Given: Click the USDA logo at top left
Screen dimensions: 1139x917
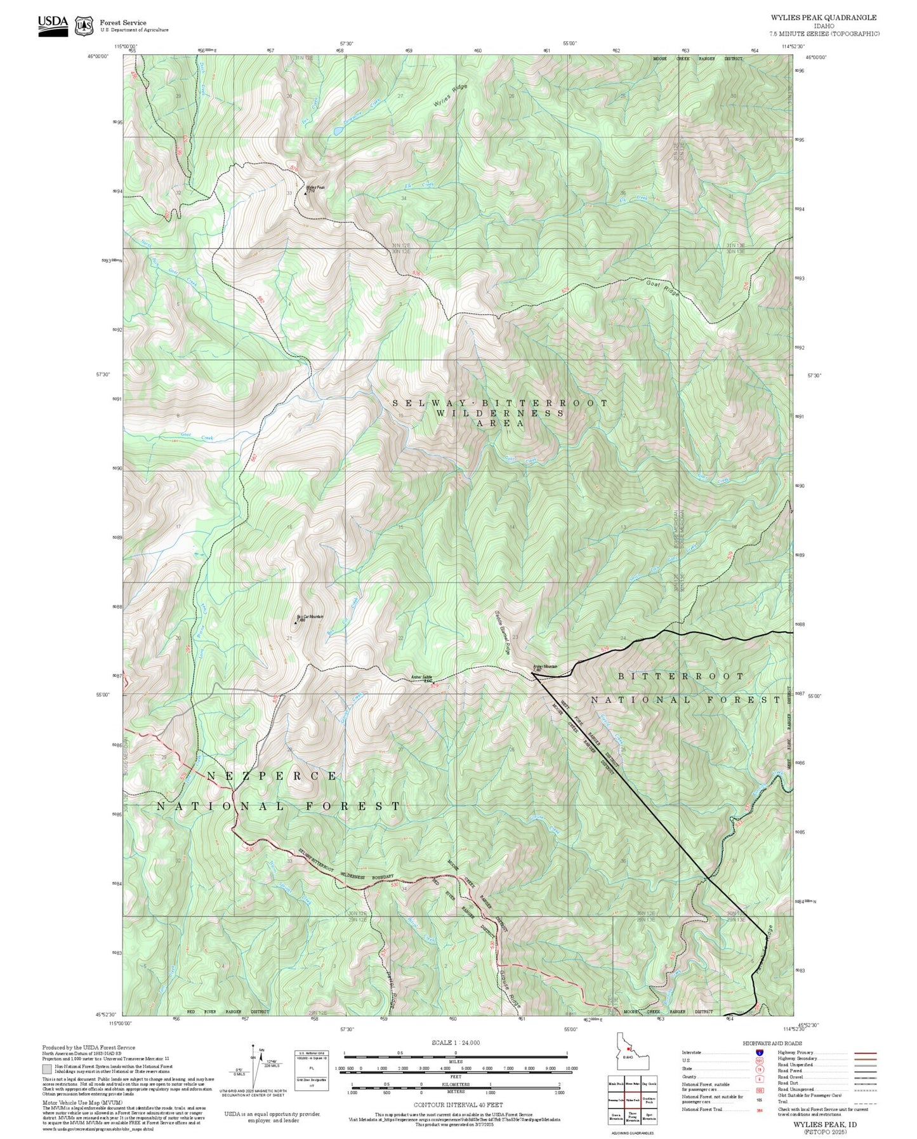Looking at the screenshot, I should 53,25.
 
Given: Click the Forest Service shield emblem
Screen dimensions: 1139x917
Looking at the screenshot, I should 84,26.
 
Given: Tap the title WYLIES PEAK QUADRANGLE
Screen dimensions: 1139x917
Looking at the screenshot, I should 824,18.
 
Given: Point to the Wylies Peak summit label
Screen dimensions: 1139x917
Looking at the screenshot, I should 315,189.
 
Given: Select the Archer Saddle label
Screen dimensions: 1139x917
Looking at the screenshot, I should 422,677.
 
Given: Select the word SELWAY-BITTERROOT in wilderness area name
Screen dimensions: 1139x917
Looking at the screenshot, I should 500,403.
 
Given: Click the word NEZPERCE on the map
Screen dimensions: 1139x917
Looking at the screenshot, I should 272,776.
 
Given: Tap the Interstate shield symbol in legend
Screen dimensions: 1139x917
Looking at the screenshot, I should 760,1053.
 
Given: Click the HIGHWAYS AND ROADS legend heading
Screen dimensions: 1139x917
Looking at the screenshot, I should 772,1043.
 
